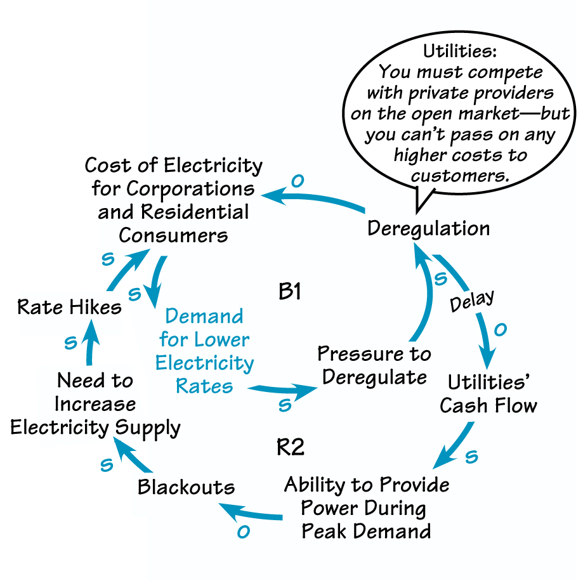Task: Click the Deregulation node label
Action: pos(428,228)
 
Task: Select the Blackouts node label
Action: pos(187,487)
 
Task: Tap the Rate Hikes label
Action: pos(69,307)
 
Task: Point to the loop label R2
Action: pos(291,448)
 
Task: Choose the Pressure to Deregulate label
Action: pos(374,365)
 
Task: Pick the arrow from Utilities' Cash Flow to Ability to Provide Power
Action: pos(457,447)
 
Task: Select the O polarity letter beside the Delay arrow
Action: pos(500,330)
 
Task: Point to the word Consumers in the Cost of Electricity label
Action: pos(173,235)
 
